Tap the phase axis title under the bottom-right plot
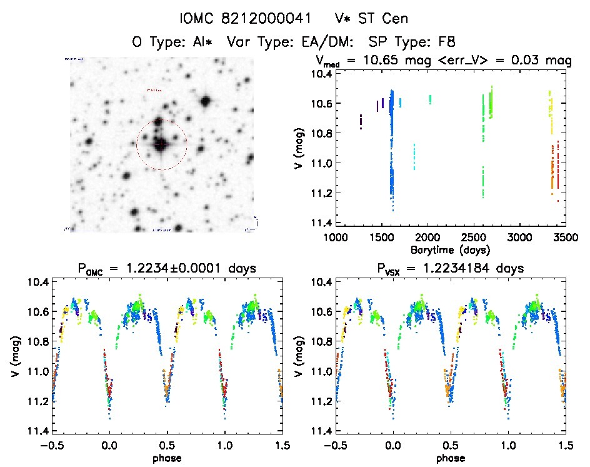tap(449, 457)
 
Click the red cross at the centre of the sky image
tap(161, 144)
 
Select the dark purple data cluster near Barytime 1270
tap(361, 121)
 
